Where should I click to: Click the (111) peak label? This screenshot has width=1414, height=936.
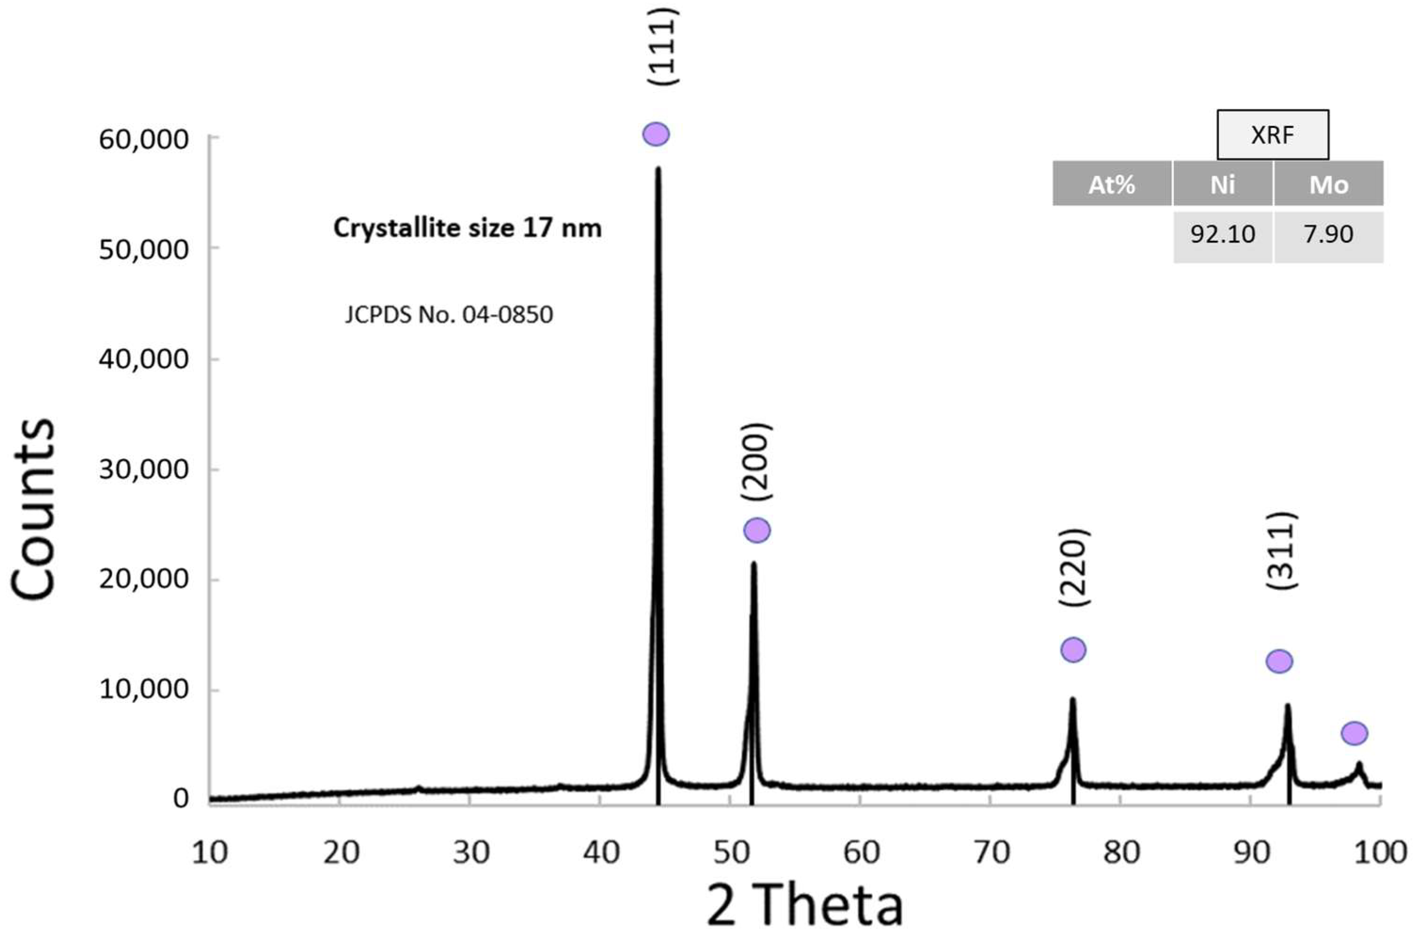663,47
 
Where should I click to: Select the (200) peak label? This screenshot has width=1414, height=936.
756,461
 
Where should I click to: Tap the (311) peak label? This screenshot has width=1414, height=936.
1281,551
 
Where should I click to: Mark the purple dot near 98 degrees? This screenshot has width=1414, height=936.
1354,733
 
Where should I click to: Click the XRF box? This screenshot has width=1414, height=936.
1273,135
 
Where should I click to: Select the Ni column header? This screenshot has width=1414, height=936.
1223,184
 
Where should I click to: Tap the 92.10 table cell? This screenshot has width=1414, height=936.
1223,235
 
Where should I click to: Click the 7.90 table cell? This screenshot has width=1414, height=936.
1328,235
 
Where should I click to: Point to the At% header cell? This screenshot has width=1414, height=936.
1112,184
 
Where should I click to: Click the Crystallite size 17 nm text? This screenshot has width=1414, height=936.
467,228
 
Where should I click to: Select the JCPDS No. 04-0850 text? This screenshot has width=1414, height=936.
448,315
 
